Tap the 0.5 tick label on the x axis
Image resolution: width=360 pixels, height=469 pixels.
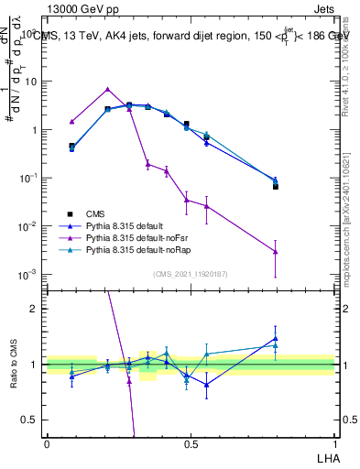click(x=190, y=443)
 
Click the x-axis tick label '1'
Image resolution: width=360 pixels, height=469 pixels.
click(x=333, y=443)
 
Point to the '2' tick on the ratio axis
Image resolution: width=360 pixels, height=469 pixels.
click(x=35, y=309)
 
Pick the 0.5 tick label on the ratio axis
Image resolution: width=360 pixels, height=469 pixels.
click(x=30, y=420)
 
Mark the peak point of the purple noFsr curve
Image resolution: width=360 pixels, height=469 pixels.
click(x=108, y=89)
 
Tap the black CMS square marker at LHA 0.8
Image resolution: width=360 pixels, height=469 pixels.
click(x=275, y=186)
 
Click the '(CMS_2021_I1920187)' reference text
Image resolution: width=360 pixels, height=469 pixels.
click(x=190, y=273)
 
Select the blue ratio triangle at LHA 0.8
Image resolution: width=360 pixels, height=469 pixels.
click(x=275, y=338)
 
